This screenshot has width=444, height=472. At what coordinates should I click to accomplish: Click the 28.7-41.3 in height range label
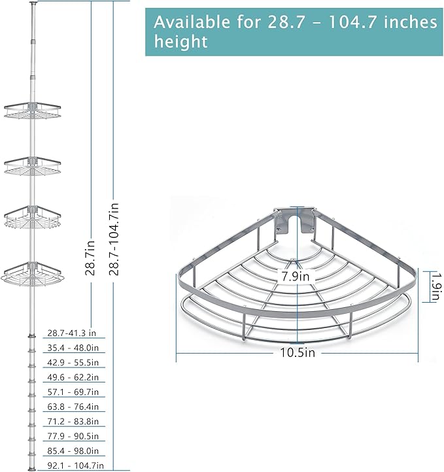pyautogui.click(x=72, y=333)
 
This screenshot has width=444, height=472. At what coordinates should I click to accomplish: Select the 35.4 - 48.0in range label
pyautogui.click(x=73, y=348)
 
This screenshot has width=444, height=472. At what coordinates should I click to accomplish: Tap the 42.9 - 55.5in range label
pyautogui.click(x=73, y=362)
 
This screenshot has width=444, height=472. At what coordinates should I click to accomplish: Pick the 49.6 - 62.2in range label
pyautogui.click(x=73, y=377)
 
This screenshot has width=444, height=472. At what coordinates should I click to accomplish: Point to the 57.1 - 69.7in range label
pyautogui.click(x=73, y=392)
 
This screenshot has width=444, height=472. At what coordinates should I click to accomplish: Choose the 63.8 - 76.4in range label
pyautogui.click(x=73, y=407)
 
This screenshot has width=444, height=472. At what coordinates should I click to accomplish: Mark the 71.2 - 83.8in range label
pyautogui.click(x=73, y=421)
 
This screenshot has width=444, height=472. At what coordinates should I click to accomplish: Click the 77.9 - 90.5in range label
pyautogui.click(x=73, y=436)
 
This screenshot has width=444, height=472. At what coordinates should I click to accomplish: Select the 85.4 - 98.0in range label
pyautogui.click(x=73, y=450)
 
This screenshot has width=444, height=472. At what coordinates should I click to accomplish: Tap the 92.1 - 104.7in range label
pyautogui.click(x=76, y=465)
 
